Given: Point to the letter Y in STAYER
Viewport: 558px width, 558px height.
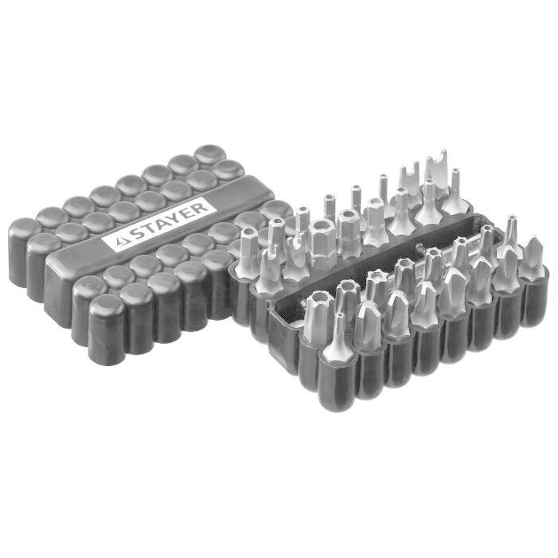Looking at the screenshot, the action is click(x=174, y=217).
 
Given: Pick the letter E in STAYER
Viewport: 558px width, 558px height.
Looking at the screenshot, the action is click(x=188, y=212).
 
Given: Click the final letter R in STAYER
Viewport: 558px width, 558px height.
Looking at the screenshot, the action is click(x=201, y=206).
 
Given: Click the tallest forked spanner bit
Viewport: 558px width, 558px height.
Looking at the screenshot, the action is click(x=437, y=172).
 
